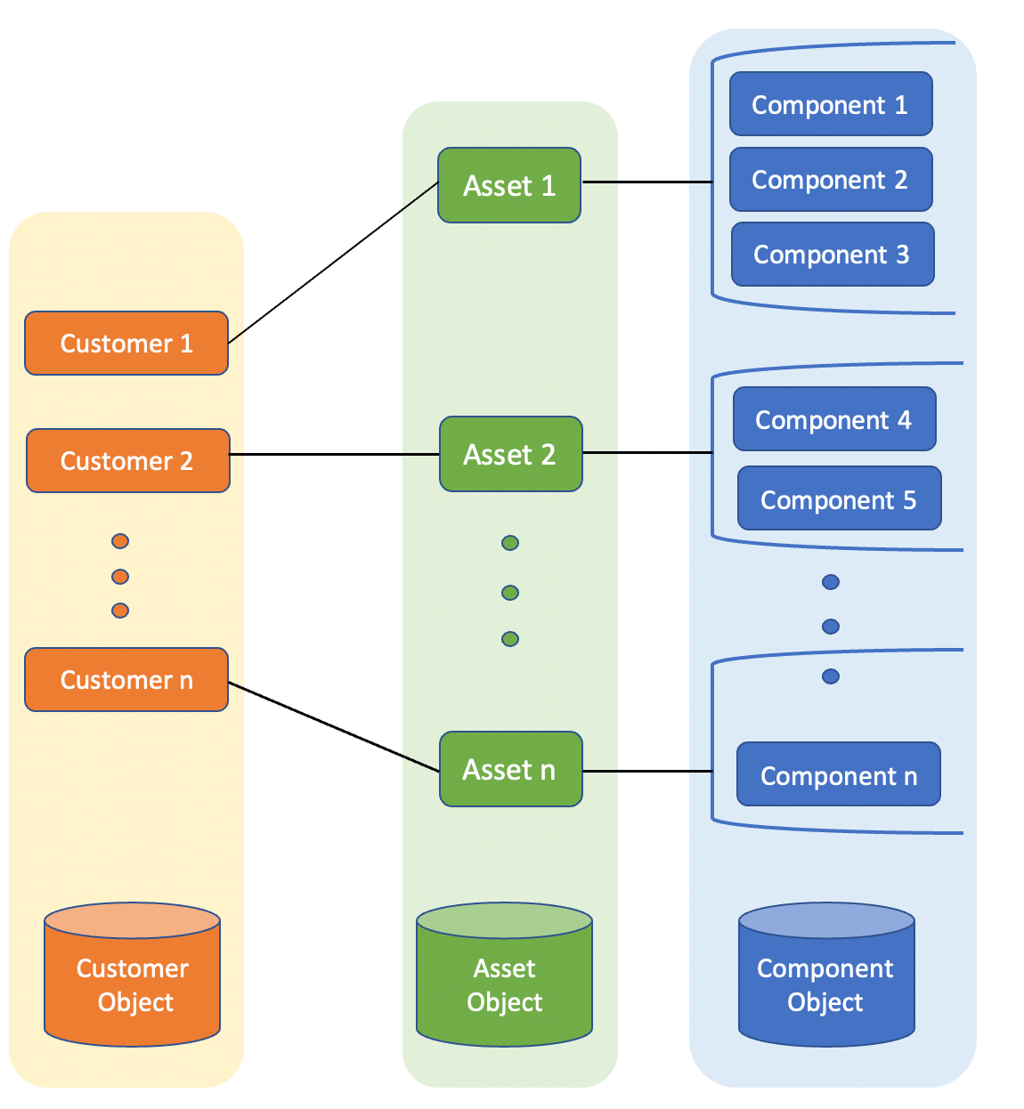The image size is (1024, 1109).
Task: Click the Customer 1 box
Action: (x=126, y=344)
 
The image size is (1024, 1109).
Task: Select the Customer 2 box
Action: (x=127, y=461)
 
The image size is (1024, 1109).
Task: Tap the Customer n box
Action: (x=126, y=680)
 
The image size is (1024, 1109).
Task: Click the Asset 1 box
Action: (x=509, y=185)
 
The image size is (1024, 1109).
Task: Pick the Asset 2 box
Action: (x=510, y=454)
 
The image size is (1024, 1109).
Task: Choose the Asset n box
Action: (x=510, y=769)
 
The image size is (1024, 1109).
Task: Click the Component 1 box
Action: (x=830, y=104)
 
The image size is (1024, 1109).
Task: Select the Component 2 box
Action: (x=830, y=180)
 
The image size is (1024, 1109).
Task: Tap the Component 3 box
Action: (x=832, y=255)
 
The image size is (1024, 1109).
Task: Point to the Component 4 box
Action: (x=833, y=419)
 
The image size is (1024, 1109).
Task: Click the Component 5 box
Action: (x=839, y=499)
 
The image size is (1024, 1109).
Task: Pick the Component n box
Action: (x=838, y=775)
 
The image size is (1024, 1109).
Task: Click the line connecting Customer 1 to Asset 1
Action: (x=333, y=263)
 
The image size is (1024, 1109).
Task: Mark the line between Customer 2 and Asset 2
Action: (x=335, y=455)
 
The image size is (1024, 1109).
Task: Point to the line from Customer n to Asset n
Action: (x=334, y=726)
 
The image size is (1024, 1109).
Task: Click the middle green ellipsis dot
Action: (x=510, y=593)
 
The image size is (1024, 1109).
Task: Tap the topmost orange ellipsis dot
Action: (x=120, y=541)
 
